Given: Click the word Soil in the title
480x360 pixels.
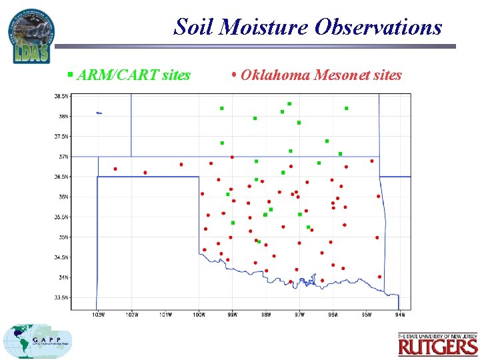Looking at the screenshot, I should click(193, 27).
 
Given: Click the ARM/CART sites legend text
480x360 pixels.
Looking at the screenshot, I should click(133, 75).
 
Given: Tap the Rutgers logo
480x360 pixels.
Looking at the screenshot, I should click(438, 345).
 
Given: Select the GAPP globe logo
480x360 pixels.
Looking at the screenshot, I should click(37, 341).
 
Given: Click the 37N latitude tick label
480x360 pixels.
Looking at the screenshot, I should click(62, 157).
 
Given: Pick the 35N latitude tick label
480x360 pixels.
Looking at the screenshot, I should click(62, 237).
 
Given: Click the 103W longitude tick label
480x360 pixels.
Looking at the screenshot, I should click(98, 314).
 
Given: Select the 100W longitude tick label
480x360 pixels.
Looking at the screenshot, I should click(199, 314).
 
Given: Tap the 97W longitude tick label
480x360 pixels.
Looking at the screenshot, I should click(299, 314).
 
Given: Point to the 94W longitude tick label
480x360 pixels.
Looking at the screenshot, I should click(400, 314).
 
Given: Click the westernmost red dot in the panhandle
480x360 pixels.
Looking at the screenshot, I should click(115, 169).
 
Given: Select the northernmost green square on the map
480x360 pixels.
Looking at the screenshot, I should click(289, 104).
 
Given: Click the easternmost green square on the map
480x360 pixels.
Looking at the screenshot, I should click(346, 108).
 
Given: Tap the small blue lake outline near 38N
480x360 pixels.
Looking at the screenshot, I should click(99, 113).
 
